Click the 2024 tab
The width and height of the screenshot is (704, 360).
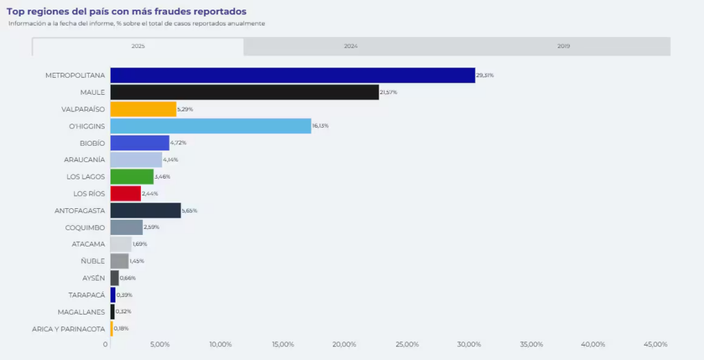351,46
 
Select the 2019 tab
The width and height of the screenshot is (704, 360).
564,46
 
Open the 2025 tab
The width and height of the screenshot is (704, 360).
137,46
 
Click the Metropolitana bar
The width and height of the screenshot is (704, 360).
292,76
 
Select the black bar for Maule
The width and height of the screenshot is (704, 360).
244,92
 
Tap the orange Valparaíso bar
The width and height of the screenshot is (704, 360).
143,109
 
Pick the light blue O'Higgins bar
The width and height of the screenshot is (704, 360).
210,126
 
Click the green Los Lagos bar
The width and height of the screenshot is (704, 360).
132,177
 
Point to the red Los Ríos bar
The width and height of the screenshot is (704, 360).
125,194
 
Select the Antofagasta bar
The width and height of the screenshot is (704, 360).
145,210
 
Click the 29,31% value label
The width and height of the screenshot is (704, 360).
485,76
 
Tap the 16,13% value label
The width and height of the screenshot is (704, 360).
320,126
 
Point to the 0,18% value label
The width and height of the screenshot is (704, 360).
122,328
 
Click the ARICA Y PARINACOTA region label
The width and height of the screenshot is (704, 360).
68,328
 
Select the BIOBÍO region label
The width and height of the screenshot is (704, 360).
92,143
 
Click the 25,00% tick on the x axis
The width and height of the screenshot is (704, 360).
407,344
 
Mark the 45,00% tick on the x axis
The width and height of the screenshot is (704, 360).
655,344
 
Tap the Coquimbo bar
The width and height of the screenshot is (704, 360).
126,227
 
